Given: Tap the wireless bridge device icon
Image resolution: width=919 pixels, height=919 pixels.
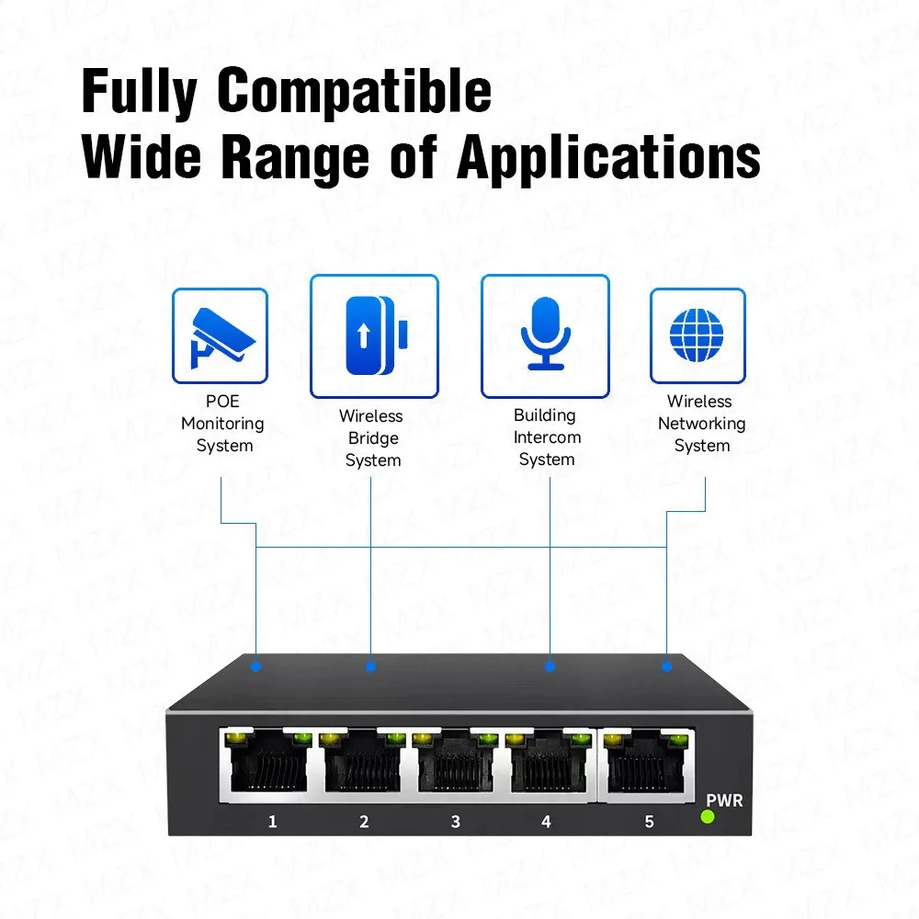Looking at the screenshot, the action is point(376,335).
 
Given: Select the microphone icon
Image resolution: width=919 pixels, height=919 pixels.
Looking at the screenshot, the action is point(546,333).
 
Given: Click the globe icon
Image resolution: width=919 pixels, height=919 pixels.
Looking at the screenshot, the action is point(697,335).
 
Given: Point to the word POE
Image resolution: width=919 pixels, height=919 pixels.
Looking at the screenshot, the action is point(222,402).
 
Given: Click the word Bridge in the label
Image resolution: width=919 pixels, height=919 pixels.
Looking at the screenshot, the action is point(373,438).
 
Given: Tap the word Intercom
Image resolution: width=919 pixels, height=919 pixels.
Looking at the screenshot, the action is point(547,437).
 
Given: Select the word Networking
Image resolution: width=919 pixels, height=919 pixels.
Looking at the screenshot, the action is point(701,424).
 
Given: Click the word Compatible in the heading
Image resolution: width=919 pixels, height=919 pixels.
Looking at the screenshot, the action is point(355,92).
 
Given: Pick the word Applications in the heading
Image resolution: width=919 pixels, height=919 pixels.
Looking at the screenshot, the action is point(609,158).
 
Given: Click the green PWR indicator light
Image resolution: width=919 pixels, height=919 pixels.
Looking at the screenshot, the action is point(708,816).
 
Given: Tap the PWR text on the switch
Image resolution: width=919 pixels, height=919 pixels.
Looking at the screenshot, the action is point(724,800).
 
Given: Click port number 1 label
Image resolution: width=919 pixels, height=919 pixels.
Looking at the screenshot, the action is point(273,822).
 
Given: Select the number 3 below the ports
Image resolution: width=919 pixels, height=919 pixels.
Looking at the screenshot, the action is point(456,822).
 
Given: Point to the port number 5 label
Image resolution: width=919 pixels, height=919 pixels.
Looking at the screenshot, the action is point(649,822).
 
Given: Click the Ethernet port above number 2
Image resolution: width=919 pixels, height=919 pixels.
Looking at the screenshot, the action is point(363,762).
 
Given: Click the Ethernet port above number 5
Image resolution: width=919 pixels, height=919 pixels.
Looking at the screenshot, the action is point(646,762).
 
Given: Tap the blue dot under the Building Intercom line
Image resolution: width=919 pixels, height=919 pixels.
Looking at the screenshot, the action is point(550,666).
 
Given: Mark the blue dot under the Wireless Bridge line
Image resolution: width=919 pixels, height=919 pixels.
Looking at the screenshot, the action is point(370,666).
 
